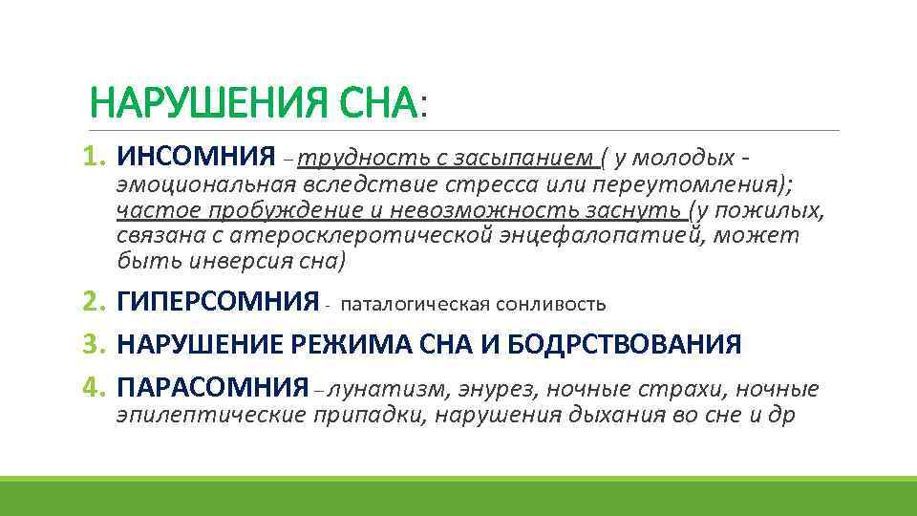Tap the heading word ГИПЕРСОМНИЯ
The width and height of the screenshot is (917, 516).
217,304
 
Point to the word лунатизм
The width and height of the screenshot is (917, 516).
376,389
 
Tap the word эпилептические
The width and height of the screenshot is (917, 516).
210,416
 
